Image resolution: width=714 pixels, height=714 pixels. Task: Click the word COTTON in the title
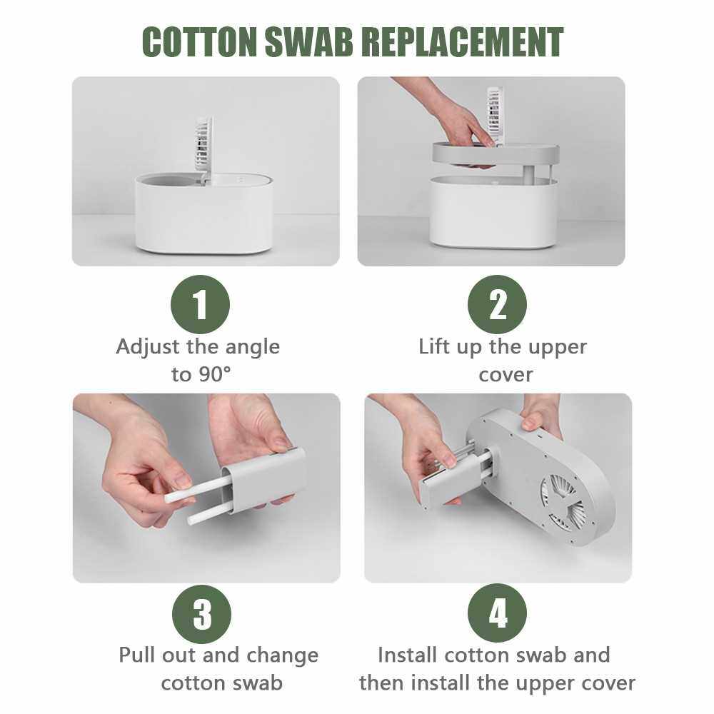pos(199,41)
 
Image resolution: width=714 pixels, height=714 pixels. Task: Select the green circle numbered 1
pos(201,304)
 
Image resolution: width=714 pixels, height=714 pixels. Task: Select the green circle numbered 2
pos(497,304)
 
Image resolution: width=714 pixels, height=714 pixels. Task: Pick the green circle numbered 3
pos(202,614)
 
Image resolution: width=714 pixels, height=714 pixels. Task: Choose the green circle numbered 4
pos(497,613)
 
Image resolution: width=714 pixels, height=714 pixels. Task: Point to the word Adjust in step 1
pos(148,348)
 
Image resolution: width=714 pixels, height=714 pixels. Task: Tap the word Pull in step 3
pos(139,655)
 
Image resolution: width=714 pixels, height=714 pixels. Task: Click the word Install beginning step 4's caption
pos(408,655)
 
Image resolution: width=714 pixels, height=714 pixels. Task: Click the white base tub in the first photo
pos(204,214)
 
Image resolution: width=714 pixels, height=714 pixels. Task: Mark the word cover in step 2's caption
pos(506,376)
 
